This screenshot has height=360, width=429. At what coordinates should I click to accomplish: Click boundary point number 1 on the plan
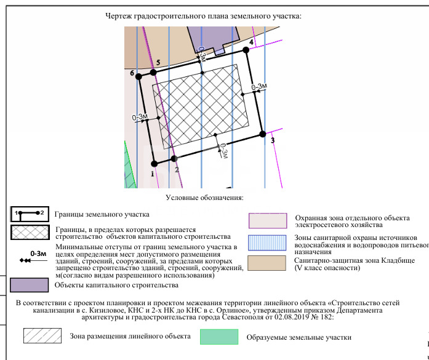click(154, 164)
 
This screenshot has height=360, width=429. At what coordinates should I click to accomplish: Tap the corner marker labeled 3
click(263, 134)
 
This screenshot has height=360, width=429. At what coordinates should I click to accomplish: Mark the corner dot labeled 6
click(138, 75)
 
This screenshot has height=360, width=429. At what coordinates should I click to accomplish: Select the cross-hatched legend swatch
click(29, 233)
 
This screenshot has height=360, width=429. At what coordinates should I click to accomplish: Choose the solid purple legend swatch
click(29, 285)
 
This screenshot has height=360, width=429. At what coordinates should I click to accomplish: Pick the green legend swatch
click(219, 336)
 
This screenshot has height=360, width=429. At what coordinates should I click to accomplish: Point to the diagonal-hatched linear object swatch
click(42, 335)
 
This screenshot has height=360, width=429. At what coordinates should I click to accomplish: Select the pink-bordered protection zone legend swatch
click(267, 220)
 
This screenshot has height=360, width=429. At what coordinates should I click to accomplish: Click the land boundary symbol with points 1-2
click(30, 214)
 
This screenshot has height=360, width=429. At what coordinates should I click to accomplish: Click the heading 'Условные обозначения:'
click(205, 198)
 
